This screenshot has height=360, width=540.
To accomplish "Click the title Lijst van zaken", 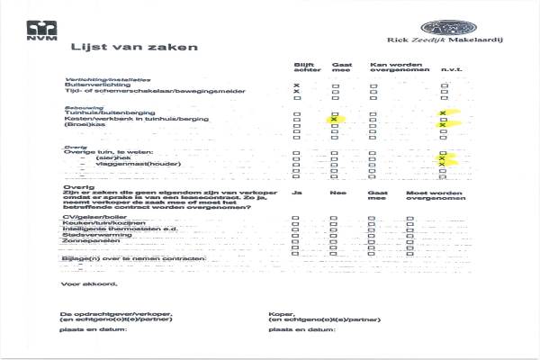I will [x=134, y=49].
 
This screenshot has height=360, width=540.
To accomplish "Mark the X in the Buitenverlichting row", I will [x=296, y=85].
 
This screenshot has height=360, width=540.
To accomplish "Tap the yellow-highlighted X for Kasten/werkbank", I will [x=334, y=119].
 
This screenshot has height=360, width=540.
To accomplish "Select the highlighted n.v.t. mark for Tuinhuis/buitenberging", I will [x=443, y=112].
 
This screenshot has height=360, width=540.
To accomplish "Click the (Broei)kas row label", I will [x=86, y=125].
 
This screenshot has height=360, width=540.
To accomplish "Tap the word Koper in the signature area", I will [x=279, y=313].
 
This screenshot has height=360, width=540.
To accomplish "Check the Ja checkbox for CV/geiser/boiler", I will [x=296, y=219].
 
